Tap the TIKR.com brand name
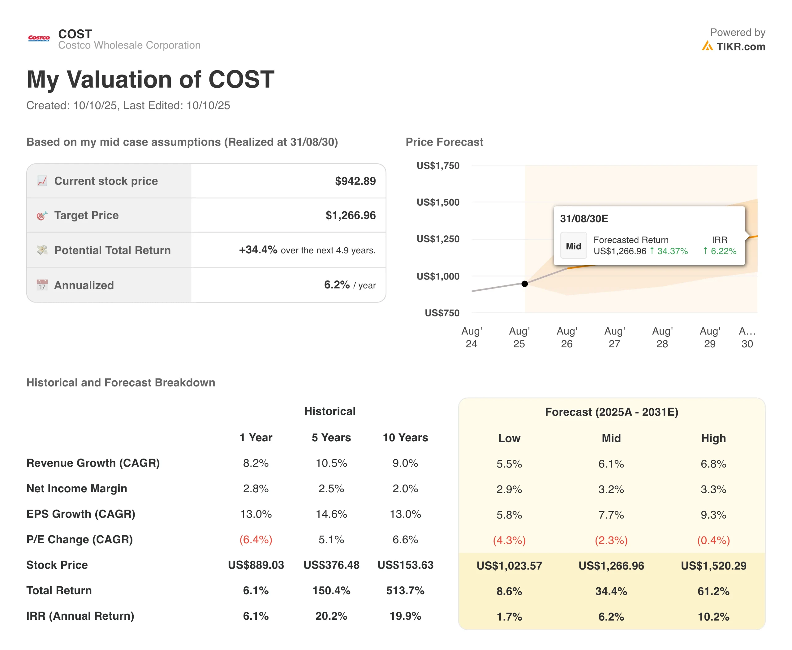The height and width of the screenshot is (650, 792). pyautogui.click(x=740, y=47)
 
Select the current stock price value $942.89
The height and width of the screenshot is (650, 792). pyautogui.click(x=355, y=181)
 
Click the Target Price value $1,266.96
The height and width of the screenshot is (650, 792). pyautogui.click(x=350, y=216)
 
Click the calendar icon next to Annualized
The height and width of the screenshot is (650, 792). pyautogui.click(x=42, y=285)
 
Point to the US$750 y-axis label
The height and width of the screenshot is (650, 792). pyautogui.click(x=442, y=313)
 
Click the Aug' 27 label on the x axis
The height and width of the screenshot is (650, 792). pyautogui.click(x=614, y=337)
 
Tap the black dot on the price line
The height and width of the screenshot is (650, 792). pyautogui.click(x=524, y=284)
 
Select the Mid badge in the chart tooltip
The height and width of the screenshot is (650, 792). pyautogui.click(x=573, y=246)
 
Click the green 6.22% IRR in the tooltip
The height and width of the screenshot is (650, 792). pyautogui.click(x=720, y=251)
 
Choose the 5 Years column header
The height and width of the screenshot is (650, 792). pyautogui.click(x=331, y=438)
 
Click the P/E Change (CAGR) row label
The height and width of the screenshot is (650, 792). pyautogui.click(x=80, y=540)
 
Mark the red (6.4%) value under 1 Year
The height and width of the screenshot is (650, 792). pyautogui.click(x=256, y=540)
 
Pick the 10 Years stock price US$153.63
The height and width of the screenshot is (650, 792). pyautogui.click(x=405, y=565)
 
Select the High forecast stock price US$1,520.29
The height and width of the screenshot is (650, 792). pyautogui.click(x=713, y=566)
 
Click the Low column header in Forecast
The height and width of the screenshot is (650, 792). pyautogui.click(x=509, y=438)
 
